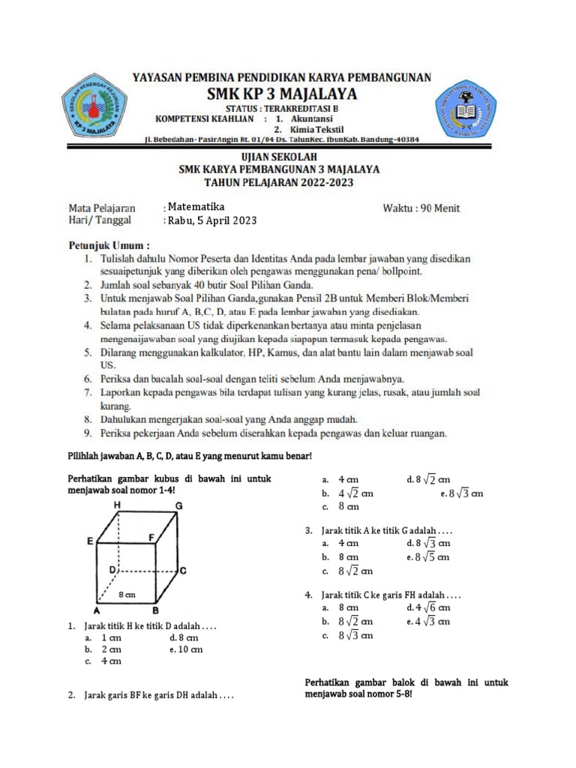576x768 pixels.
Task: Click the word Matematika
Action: (196, 207)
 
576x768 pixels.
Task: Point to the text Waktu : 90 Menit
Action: (421, 208)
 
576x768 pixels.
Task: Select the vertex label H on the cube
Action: (117, 506)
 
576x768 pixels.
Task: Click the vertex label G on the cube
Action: (178, 506)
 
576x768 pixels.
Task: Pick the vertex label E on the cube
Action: (90, 540)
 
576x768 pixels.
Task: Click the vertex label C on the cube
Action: (181, 571)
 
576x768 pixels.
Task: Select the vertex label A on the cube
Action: (97, 610)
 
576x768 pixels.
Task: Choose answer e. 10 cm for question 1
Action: (186, 649)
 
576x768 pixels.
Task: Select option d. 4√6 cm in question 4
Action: (427, 607)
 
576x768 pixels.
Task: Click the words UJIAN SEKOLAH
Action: (279, 157)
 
